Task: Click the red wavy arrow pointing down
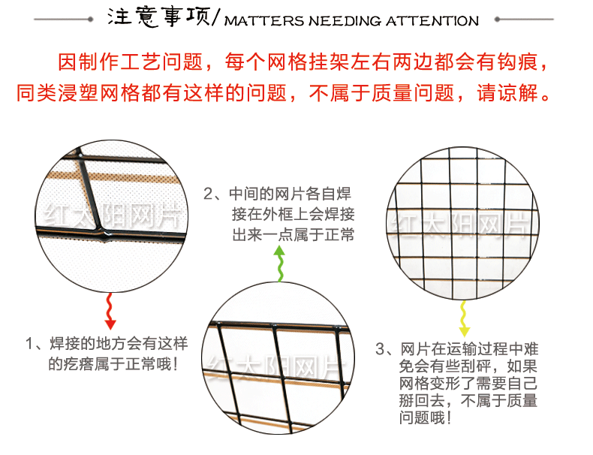[x=110, y=311]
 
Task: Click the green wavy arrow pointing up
[x=280, y=264]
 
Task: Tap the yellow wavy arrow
[x=464, y=318]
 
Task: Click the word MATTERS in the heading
[x=264, y=21]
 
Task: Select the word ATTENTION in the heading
[x=432, y=21]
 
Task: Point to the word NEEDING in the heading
[x=345, y=21]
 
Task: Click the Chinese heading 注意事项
[x=158, y=17]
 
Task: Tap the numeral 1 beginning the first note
[x=29, y=344]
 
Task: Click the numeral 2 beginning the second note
[x=209, y=194]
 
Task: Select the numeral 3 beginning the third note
[x=380, y=349]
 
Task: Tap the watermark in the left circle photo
[x=113, y=217]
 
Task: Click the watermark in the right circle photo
[x=460, y=225]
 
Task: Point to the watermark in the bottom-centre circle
[x=276, y=366]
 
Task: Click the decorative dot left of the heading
[x=90, y=19]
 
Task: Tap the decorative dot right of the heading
[x=498, y=19]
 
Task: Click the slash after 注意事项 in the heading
[x=215, y=17]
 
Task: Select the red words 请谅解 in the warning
[x=507, y=93]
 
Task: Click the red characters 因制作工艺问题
[x=130, y=62]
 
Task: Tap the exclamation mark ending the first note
[x=174, y=365]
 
